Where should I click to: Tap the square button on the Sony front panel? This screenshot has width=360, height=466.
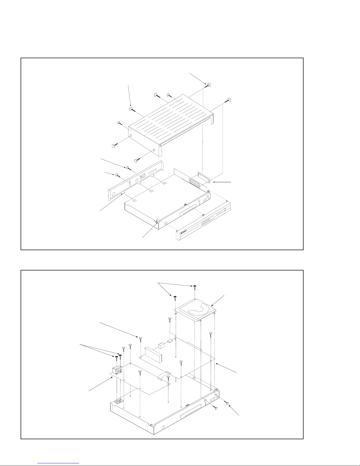(x=225, y=210)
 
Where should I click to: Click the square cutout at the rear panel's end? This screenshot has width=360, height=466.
(x=113, y=194)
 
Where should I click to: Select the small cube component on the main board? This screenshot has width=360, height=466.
(x=161, y=345)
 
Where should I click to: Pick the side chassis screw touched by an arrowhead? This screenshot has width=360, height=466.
(x=228, y=402)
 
